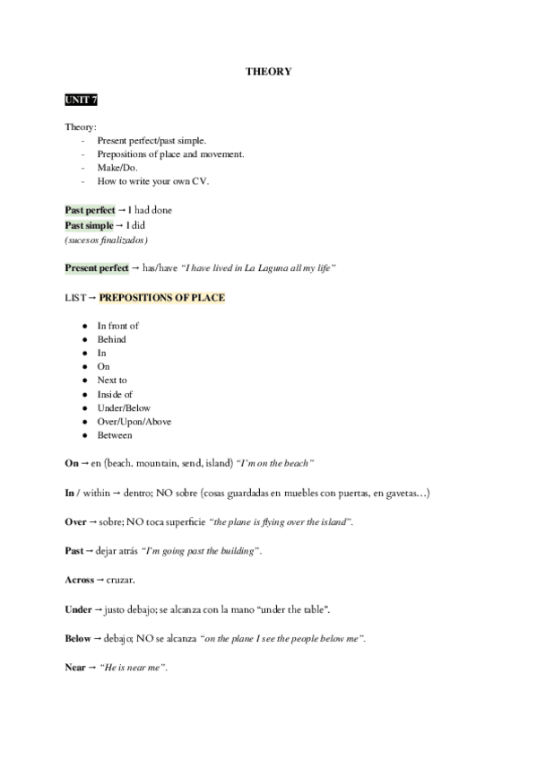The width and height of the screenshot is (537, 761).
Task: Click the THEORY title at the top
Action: point(268,71)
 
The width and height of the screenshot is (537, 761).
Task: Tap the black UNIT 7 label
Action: point(81,99)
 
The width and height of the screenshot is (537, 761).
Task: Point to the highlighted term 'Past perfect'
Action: point(90,210)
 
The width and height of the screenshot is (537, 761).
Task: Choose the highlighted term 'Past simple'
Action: point(88,225)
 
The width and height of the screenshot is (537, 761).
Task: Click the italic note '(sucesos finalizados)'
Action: point(107,241)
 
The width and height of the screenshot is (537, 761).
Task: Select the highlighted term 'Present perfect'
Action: point(97,268)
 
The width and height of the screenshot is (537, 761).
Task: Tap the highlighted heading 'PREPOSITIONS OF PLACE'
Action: point(162,297)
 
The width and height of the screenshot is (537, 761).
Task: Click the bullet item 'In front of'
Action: point(117,326)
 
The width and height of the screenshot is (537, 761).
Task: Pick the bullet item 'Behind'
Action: point(111,339)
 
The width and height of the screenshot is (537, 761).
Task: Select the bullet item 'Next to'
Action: point(112,380)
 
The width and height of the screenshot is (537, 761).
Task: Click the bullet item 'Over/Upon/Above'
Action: point(134,422)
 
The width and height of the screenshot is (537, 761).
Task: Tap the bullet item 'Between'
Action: point(115,435)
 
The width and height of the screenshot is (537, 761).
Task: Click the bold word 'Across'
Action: point(79,581)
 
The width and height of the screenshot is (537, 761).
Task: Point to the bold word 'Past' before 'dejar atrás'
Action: point(74,551)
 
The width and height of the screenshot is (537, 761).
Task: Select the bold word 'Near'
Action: point(75,668)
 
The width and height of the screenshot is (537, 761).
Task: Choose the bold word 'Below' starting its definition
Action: point(78,639)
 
